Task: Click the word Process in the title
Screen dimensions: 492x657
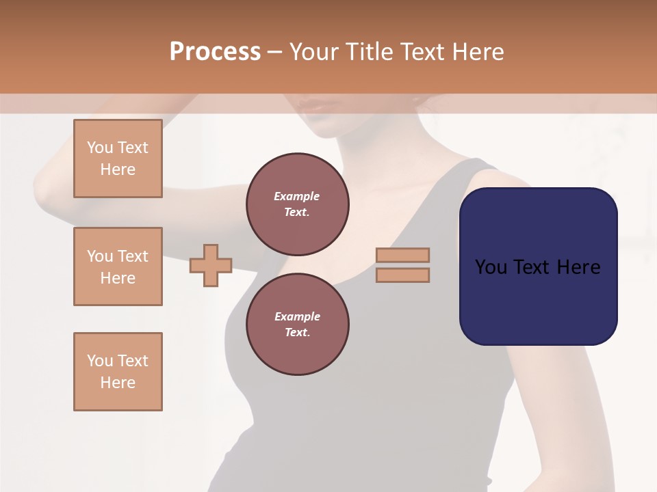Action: [x=215, y=52]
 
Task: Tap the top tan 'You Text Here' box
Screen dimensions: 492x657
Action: [x=118, y=159]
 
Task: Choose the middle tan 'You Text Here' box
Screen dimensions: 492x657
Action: [x=118, y=266]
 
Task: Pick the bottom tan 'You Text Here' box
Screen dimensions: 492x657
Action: [x=118, y=372]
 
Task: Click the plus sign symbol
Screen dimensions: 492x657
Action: [x=211, y=265]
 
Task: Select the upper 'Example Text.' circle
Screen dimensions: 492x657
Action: [x=297, y=204]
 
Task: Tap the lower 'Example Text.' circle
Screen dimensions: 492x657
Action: [x=297, y=325]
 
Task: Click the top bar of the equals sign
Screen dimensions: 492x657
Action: [x=403, y=255]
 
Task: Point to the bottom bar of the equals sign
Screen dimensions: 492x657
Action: [x=403, y=275]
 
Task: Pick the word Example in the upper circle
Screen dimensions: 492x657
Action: [x=297, y=196]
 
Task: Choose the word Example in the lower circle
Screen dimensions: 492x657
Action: [x=297, y=316]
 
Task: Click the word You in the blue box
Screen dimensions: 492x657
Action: [x=491, y=267]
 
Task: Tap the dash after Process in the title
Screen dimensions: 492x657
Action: [x=274, y=52]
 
